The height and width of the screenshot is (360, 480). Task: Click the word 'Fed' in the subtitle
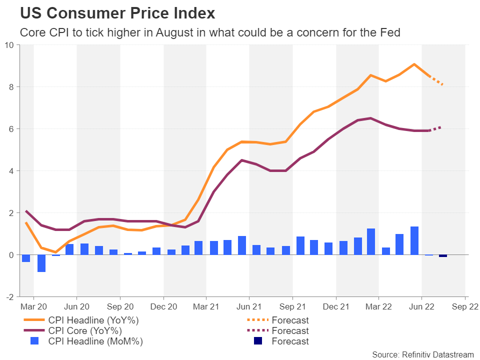point(390,32)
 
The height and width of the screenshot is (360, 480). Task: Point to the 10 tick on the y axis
point(9,45)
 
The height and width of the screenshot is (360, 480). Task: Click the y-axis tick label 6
point(11,129)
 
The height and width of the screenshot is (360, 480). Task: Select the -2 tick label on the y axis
point(10,297)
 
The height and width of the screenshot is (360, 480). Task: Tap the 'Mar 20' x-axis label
point(33,306)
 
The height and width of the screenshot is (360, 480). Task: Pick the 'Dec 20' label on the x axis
point(163,306)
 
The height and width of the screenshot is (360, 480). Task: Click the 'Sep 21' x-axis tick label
point(293,306)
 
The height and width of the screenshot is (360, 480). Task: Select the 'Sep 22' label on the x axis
point(465,306)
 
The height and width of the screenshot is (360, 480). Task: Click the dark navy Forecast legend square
point(258,341)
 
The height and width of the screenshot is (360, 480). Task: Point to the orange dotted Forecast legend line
point(258,320)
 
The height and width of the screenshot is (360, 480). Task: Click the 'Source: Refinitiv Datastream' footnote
point(422,354)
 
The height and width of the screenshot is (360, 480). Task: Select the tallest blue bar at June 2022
point(414,240)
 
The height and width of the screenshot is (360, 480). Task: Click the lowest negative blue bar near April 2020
point(41,263)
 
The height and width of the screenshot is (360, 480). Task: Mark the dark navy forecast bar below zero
point(443,256)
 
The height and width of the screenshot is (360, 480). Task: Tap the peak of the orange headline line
point(414,64)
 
